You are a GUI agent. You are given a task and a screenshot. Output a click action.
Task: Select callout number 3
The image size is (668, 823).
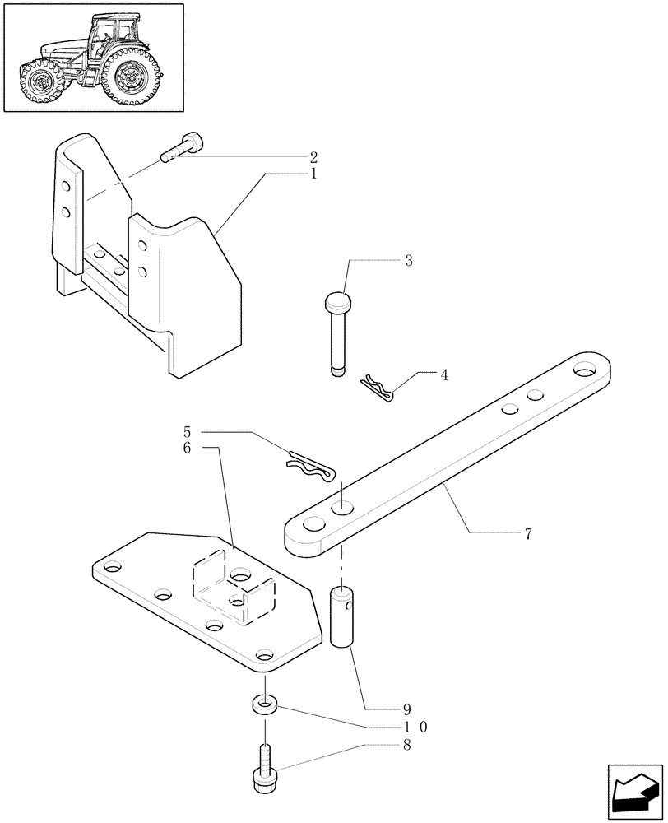tap(408, 261)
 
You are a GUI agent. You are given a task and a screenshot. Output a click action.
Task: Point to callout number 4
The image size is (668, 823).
tap(444, 375)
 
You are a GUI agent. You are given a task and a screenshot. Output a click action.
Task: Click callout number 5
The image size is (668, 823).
tap(187, 431)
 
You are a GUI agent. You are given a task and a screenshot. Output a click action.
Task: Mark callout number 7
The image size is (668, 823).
tap(527, 534)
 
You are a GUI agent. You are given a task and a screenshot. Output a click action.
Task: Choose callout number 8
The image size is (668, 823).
tap(406, 745)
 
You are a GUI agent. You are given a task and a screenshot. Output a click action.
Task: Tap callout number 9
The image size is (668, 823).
tap(406, 709)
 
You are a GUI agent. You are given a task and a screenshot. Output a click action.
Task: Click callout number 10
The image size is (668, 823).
tap(413, 727)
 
